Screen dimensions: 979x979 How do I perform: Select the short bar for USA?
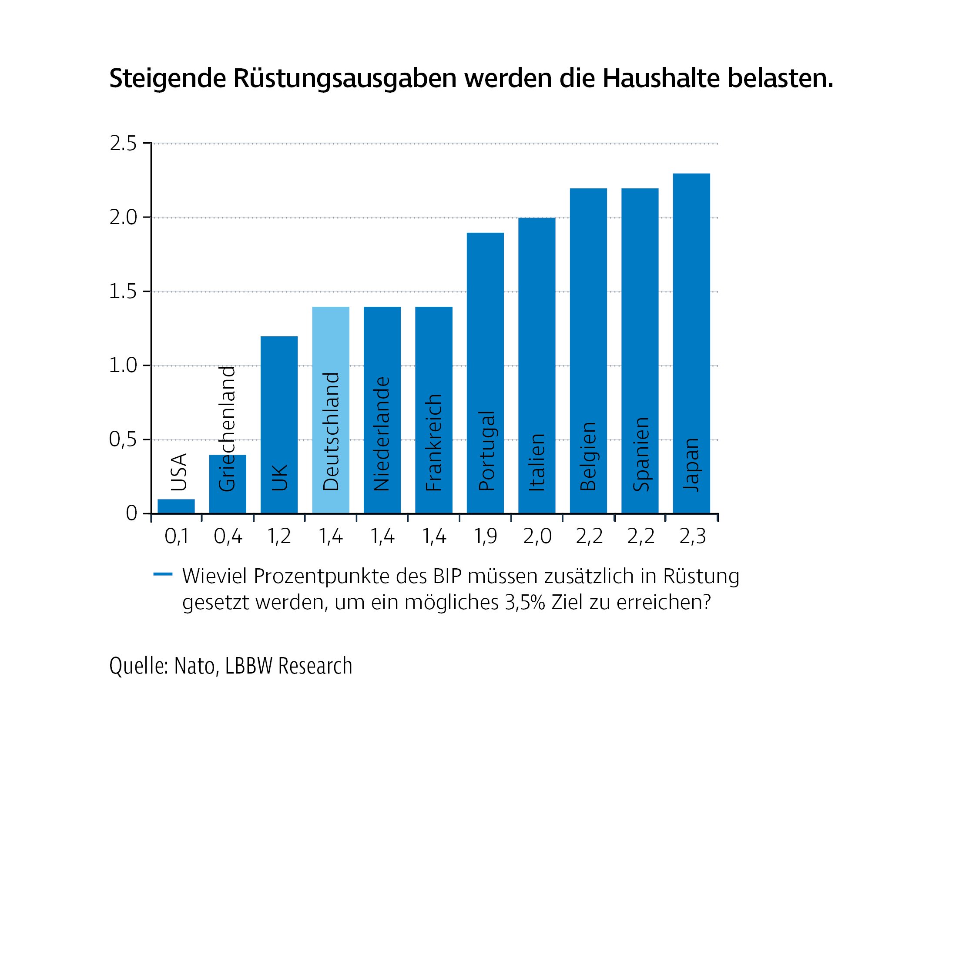[x=176, y=506]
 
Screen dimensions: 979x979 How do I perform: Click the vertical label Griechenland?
[x=227, y=429]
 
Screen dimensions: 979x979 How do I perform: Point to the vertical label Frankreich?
[x=434, y=443]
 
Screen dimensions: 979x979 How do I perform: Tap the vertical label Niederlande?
[x=382, y=434]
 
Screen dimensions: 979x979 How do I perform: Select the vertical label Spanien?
[x=640, y=454]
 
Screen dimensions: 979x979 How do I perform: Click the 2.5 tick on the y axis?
[x=123, y=144]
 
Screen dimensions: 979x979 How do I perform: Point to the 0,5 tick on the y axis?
[x=123, y=440]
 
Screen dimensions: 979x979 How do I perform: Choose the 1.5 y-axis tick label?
[x=123, y=292]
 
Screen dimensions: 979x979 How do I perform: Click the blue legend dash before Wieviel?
[x=163, y=574]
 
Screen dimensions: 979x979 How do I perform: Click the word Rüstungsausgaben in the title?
[x=345, y=79]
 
